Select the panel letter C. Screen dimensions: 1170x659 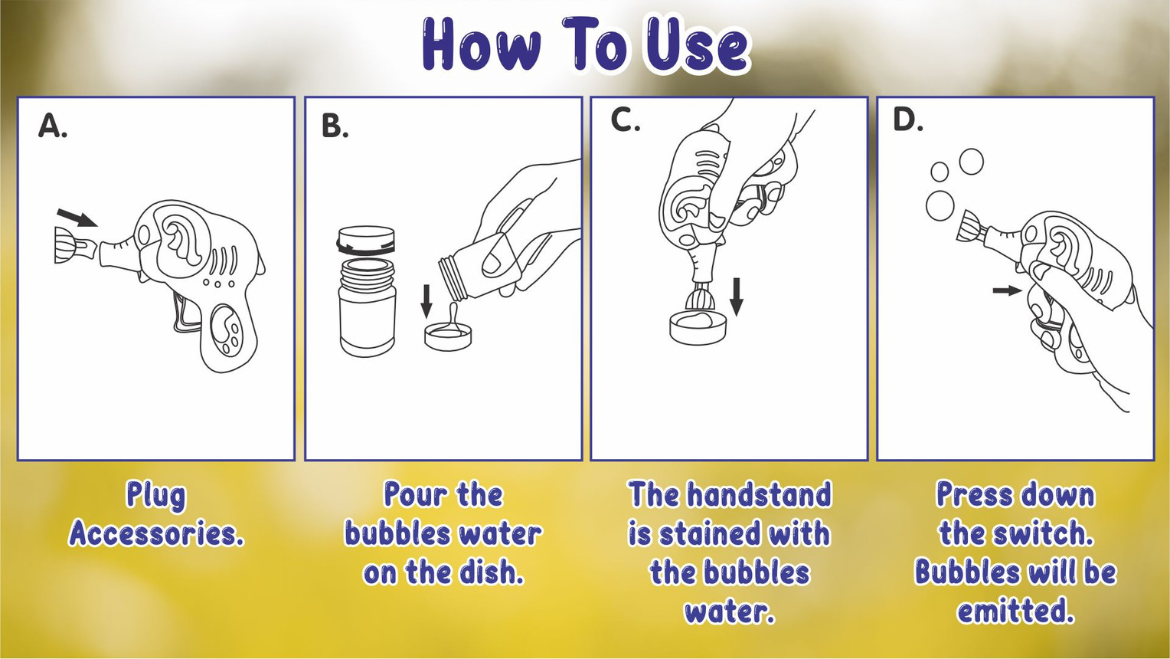point(626,121)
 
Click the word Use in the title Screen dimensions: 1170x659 point(698,45)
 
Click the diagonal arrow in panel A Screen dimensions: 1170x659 point(77,218)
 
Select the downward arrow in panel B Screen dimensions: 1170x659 point(426,301)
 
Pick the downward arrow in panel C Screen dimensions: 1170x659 point(737,297)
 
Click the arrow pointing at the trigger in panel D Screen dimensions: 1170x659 point(1007,290)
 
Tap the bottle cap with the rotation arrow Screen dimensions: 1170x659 point(366,241)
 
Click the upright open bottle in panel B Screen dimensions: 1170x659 point(367,308)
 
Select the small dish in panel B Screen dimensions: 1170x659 point(448,337)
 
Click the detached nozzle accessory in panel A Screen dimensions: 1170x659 point(76,244)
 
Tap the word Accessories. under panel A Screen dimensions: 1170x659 point(156,533)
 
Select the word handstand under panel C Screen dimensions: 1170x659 point(758,494)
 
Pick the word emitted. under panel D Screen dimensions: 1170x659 point(1015,611)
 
